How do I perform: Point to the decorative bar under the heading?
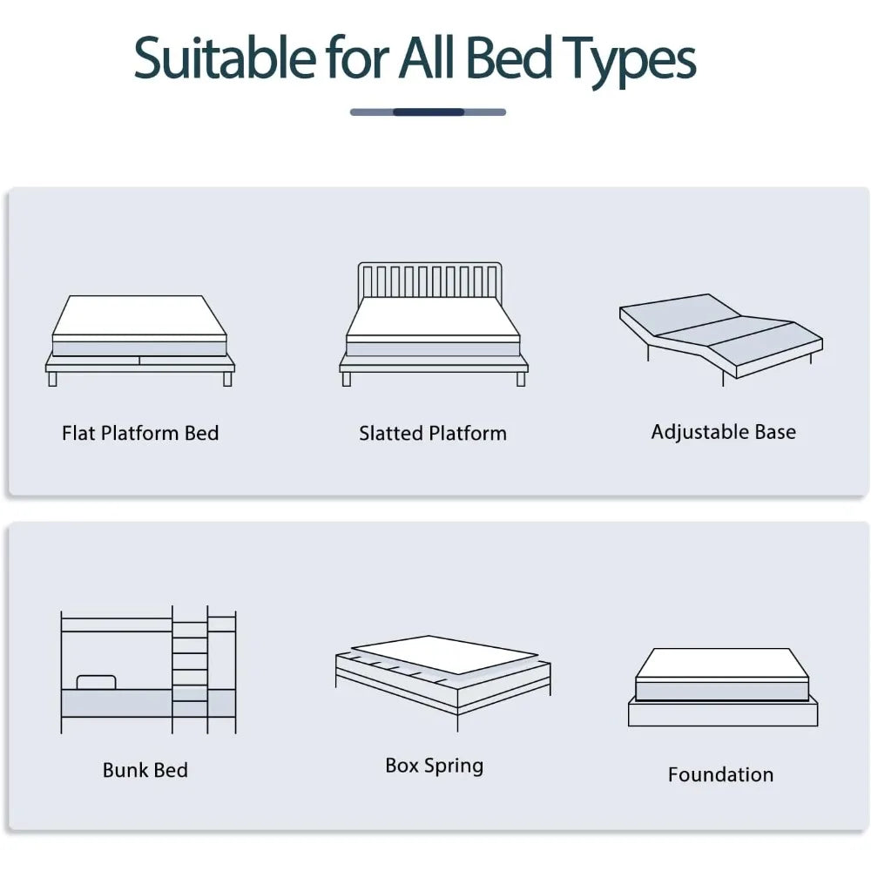(x=428, y=111)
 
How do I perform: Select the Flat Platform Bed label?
(x=140, y=433)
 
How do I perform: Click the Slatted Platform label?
(x=433, y=433)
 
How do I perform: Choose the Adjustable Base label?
(x=723, y=431)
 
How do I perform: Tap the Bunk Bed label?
(x=145, y=770)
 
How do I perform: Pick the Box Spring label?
(x=435, y=766)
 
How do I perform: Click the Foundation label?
(x=720, y=774)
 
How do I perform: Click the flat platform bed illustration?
(x=139, y=340)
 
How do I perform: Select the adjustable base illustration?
(x=721, y=340)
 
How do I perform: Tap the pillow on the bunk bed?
(x=96, y=681)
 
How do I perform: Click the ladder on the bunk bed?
(x=190, y=666)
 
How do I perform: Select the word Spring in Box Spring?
(x=454, y=766)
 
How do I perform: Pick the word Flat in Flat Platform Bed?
(x=78, y=433)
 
